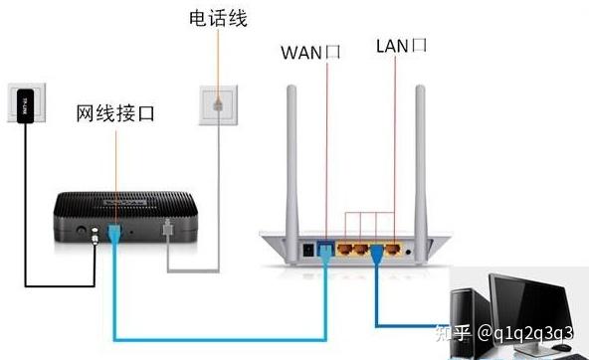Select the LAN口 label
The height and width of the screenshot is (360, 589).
(402, 46)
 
